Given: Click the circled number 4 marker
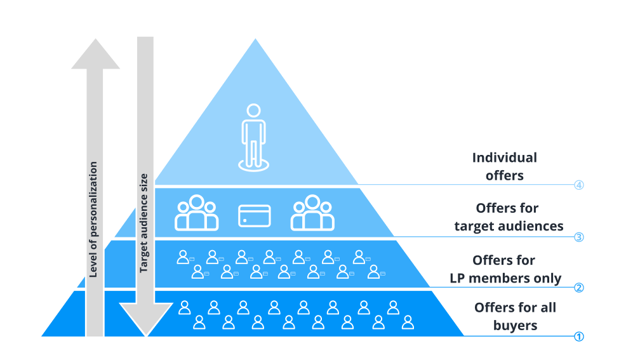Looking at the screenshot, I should click(578, 185).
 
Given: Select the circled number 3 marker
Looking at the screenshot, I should click(578, 237).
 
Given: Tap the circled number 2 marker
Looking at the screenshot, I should click(578, 287).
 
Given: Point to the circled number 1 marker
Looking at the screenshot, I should click(578, 337).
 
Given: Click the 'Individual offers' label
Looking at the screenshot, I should click(505, 166).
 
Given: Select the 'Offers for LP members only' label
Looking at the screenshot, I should click(505, 269).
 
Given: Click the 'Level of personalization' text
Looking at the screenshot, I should click(93, 219).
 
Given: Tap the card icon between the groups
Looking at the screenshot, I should click(255, 216).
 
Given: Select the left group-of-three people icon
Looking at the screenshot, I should click(197, 213).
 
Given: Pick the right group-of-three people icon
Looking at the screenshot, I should click(312, 213).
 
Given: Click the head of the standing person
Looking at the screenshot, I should click(254, 110).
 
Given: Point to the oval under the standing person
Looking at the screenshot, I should click(254, 164).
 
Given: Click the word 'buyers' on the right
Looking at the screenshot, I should click(515, 326).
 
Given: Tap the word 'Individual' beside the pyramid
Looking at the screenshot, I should click(505, 157).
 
